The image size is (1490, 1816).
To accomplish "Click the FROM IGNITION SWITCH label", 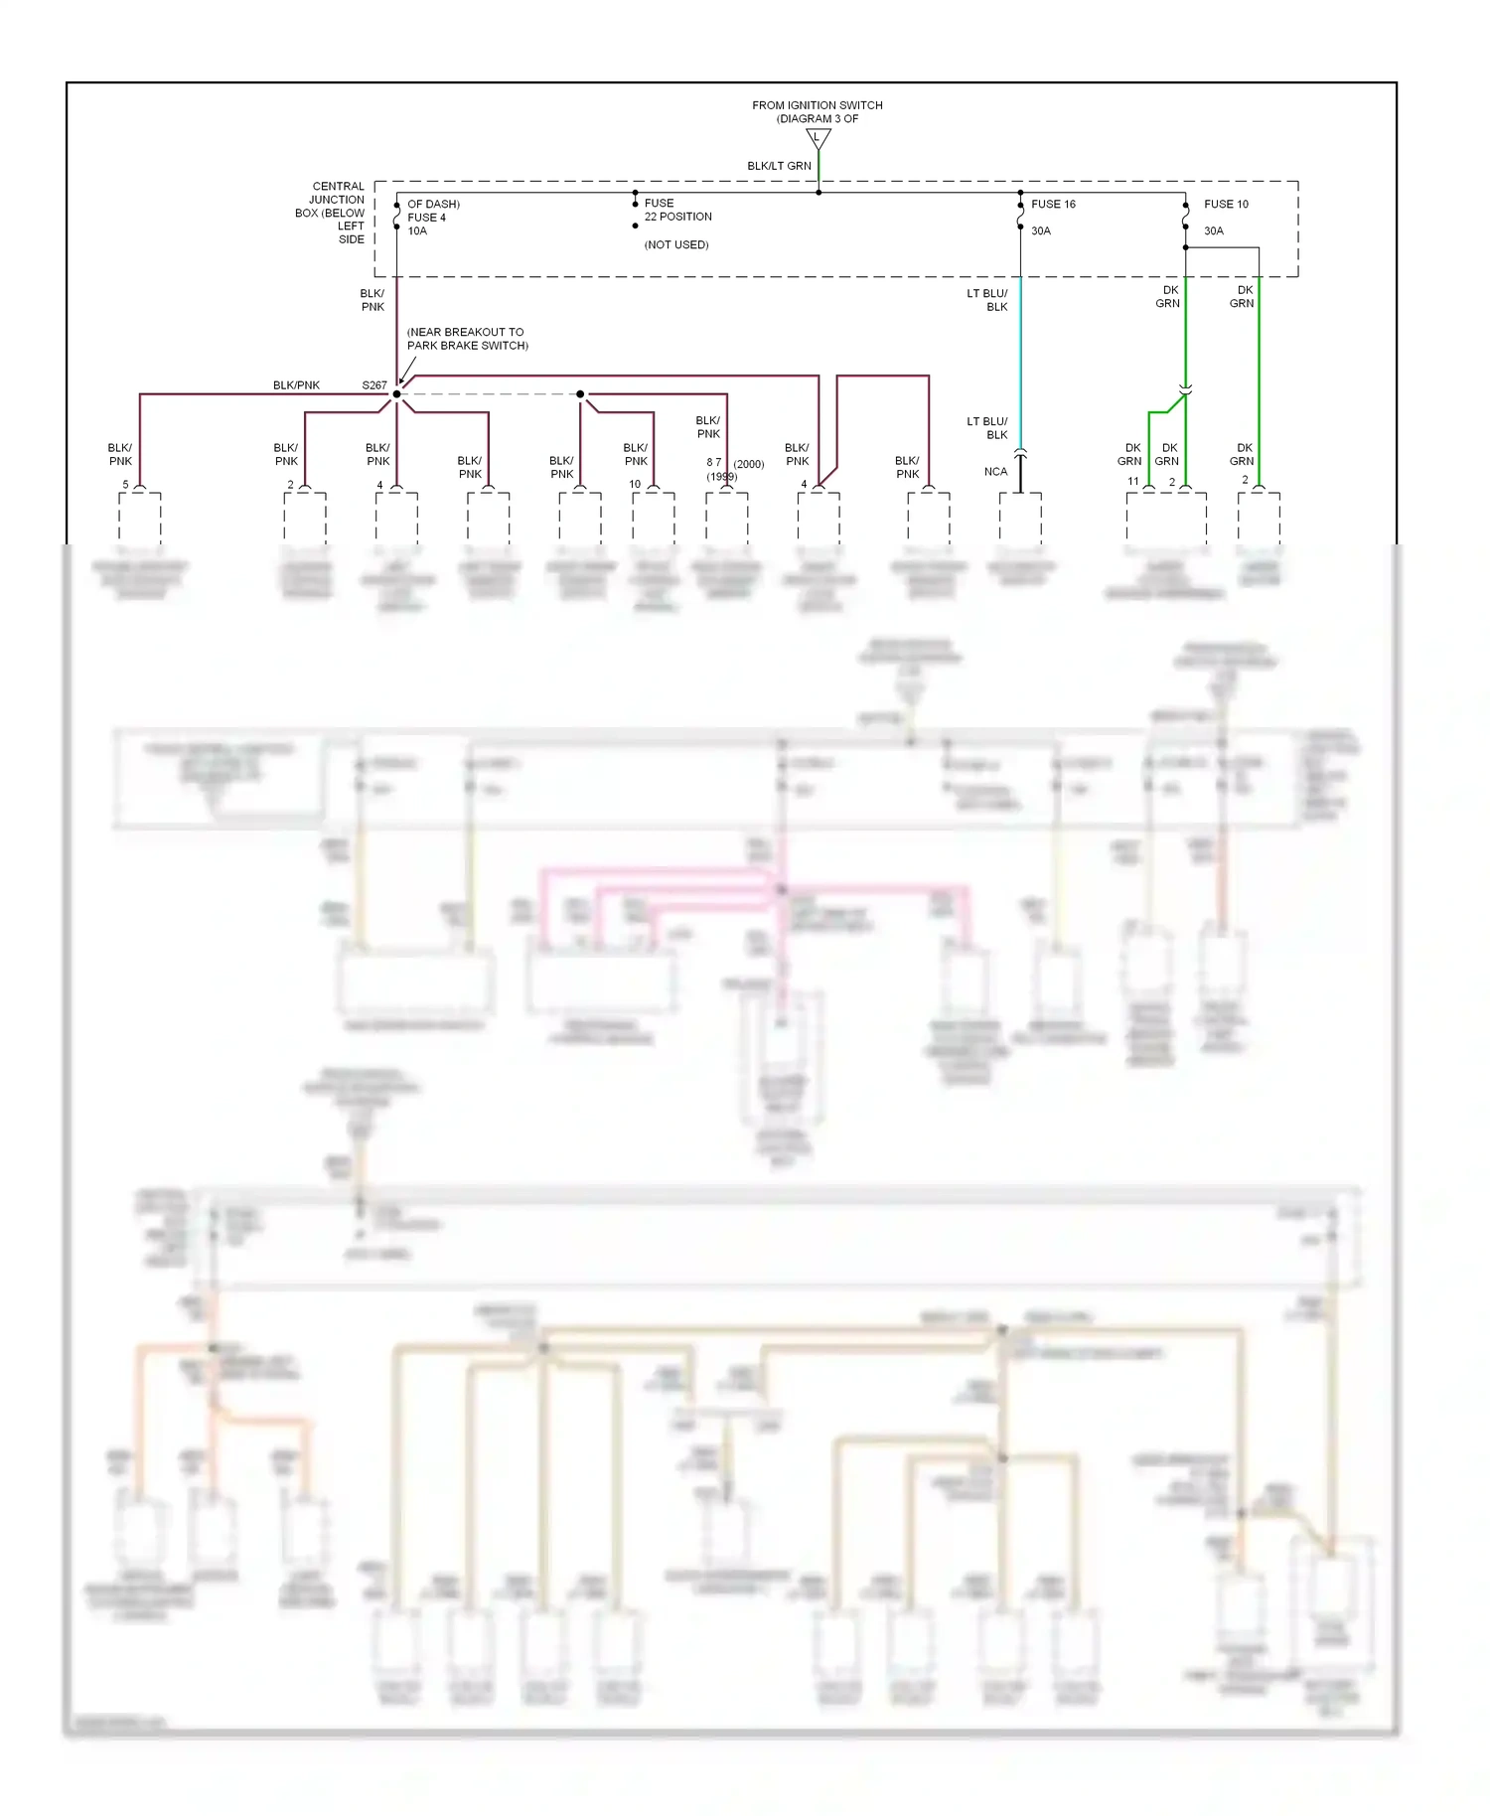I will point(817,105).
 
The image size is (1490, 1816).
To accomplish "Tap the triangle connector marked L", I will point(818,138).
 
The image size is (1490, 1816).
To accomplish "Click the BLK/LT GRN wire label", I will point(779,166).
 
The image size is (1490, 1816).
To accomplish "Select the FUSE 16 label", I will point(1053,204).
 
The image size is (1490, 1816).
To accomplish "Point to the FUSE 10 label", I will point(1226,204).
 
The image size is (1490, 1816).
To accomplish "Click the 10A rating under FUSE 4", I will point(417,230).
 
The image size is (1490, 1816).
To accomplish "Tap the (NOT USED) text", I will point(676,244).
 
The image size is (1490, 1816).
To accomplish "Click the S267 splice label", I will point(373,385).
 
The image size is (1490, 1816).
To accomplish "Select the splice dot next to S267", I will point(396,394).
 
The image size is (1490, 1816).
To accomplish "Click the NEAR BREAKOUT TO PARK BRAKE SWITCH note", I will point(467,339).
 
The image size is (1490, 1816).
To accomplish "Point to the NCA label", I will point(995,472).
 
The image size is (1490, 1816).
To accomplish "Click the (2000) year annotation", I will point(749,464).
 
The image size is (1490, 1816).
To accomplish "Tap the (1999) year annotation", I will point(722,477).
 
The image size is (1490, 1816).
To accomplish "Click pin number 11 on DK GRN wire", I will point(1132,482).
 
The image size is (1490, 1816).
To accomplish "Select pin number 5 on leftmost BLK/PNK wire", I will point(125,485).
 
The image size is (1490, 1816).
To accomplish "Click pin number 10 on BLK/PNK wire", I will point(635,485).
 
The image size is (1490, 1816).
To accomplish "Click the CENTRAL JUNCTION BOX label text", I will point(332,213).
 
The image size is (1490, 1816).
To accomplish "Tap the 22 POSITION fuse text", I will point(677,217).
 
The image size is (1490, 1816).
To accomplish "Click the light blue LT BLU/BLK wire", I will point(1020,358).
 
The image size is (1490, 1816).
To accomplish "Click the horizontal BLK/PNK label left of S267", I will point(296,385).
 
